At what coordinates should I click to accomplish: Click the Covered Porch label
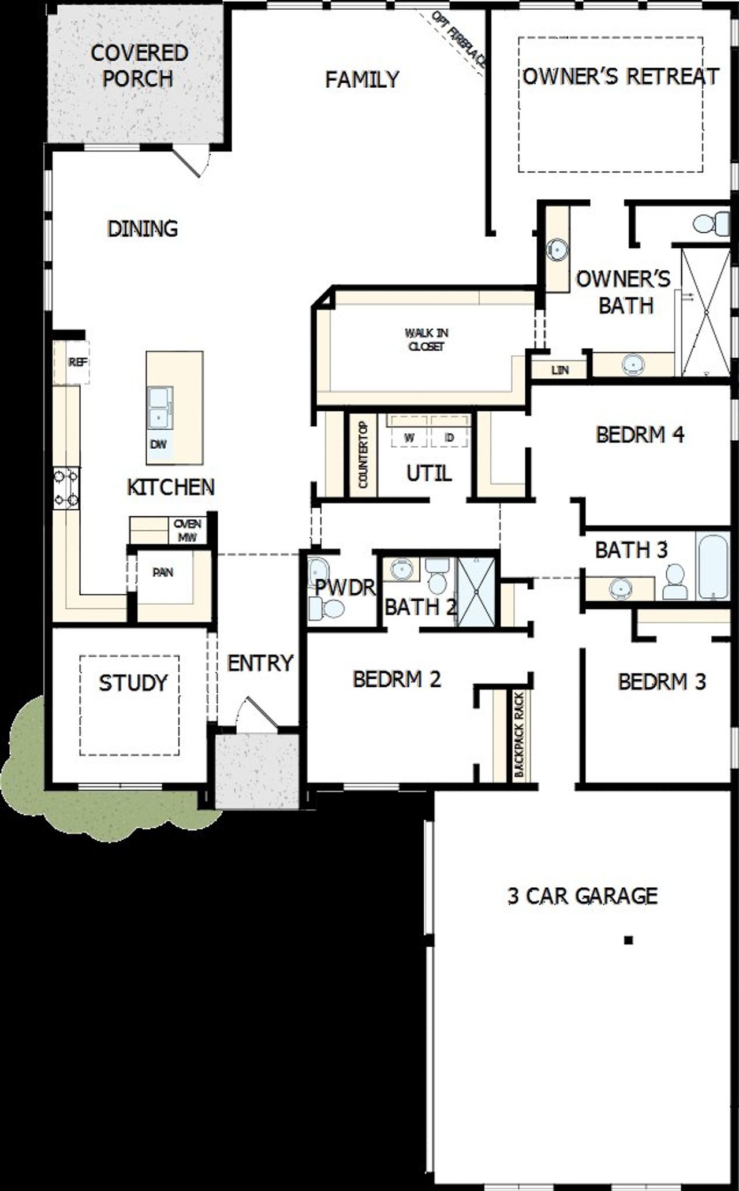(139, 65)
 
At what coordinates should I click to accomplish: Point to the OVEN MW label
(188, 530)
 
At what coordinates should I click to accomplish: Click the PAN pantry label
(163, 572)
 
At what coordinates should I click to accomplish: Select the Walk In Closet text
(426, 340)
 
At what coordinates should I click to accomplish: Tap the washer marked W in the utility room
(409, 437)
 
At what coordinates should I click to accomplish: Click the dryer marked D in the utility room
(450, 437)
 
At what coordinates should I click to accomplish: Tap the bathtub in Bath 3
(712, 566)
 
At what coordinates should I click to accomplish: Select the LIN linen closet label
(559, 370)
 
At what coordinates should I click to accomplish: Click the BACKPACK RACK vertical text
(518, 734)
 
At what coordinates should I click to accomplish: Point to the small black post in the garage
(629, 940)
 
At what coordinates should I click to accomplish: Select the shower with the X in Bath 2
(477, 591)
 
